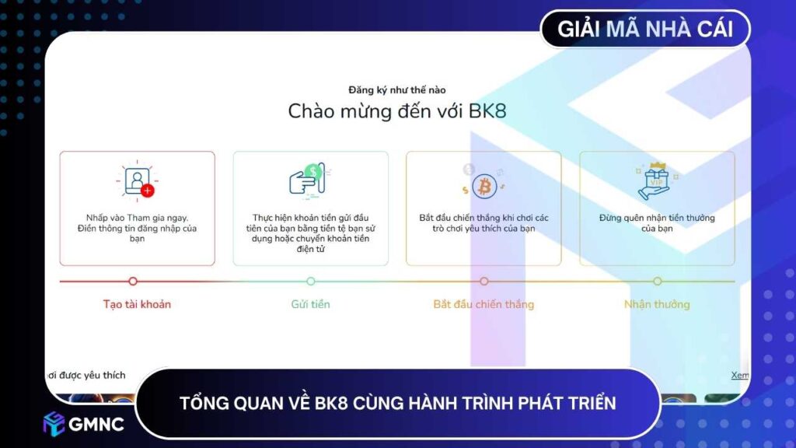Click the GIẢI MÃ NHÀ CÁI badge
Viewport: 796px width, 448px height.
(x=646, y=30)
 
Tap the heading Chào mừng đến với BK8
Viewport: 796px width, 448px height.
(x=397, y=110)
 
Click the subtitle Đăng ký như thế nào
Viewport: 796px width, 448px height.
(x=397, y=90)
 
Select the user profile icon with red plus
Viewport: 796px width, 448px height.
(x=138, y=181)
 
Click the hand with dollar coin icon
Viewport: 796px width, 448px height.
(x=310, y=180)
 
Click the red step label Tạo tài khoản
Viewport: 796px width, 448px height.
(x=137, y=304)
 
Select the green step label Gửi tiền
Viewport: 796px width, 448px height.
(x=310, y=304)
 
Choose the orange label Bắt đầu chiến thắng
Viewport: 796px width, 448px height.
(x=484, y=304)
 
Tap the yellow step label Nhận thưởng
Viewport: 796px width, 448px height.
(x=657, y=304)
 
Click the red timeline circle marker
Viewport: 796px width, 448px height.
(x=133, y=281)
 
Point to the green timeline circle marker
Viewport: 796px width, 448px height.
(x=311, y=281)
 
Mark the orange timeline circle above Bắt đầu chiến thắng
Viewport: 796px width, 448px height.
(x=484, y=281)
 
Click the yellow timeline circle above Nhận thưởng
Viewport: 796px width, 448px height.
(x=657, y=281)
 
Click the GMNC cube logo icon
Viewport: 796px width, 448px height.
(x=54, y=423)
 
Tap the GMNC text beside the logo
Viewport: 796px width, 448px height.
(x=96, y=424)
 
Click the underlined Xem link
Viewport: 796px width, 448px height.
(x=740, y=375)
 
